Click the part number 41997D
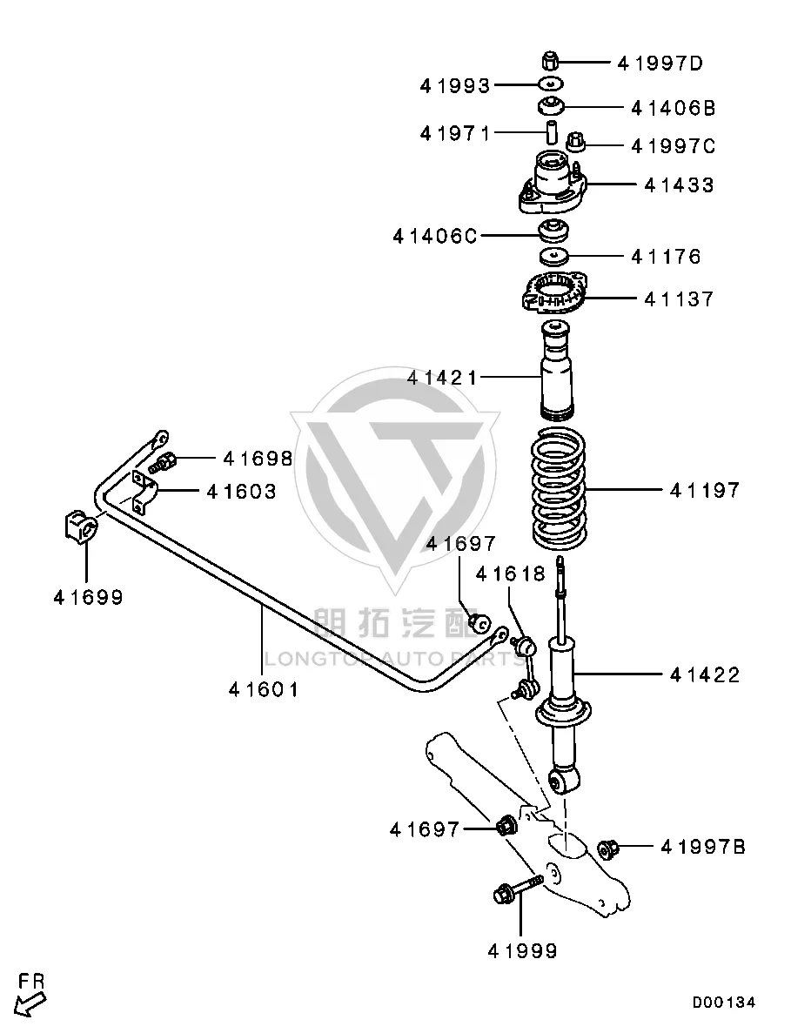click(x=660, y=64)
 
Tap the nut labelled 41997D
click(x=551, y=61)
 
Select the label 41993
click(x=455, y=85)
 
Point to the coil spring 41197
click(x=559, y=488)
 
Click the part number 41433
click(x=679, y=185)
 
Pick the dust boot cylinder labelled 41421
click(x=557, y=370)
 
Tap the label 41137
click(x=679, y=299)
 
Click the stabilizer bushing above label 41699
click(x=81, y=527)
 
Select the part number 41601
click(x=264, y=690)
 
